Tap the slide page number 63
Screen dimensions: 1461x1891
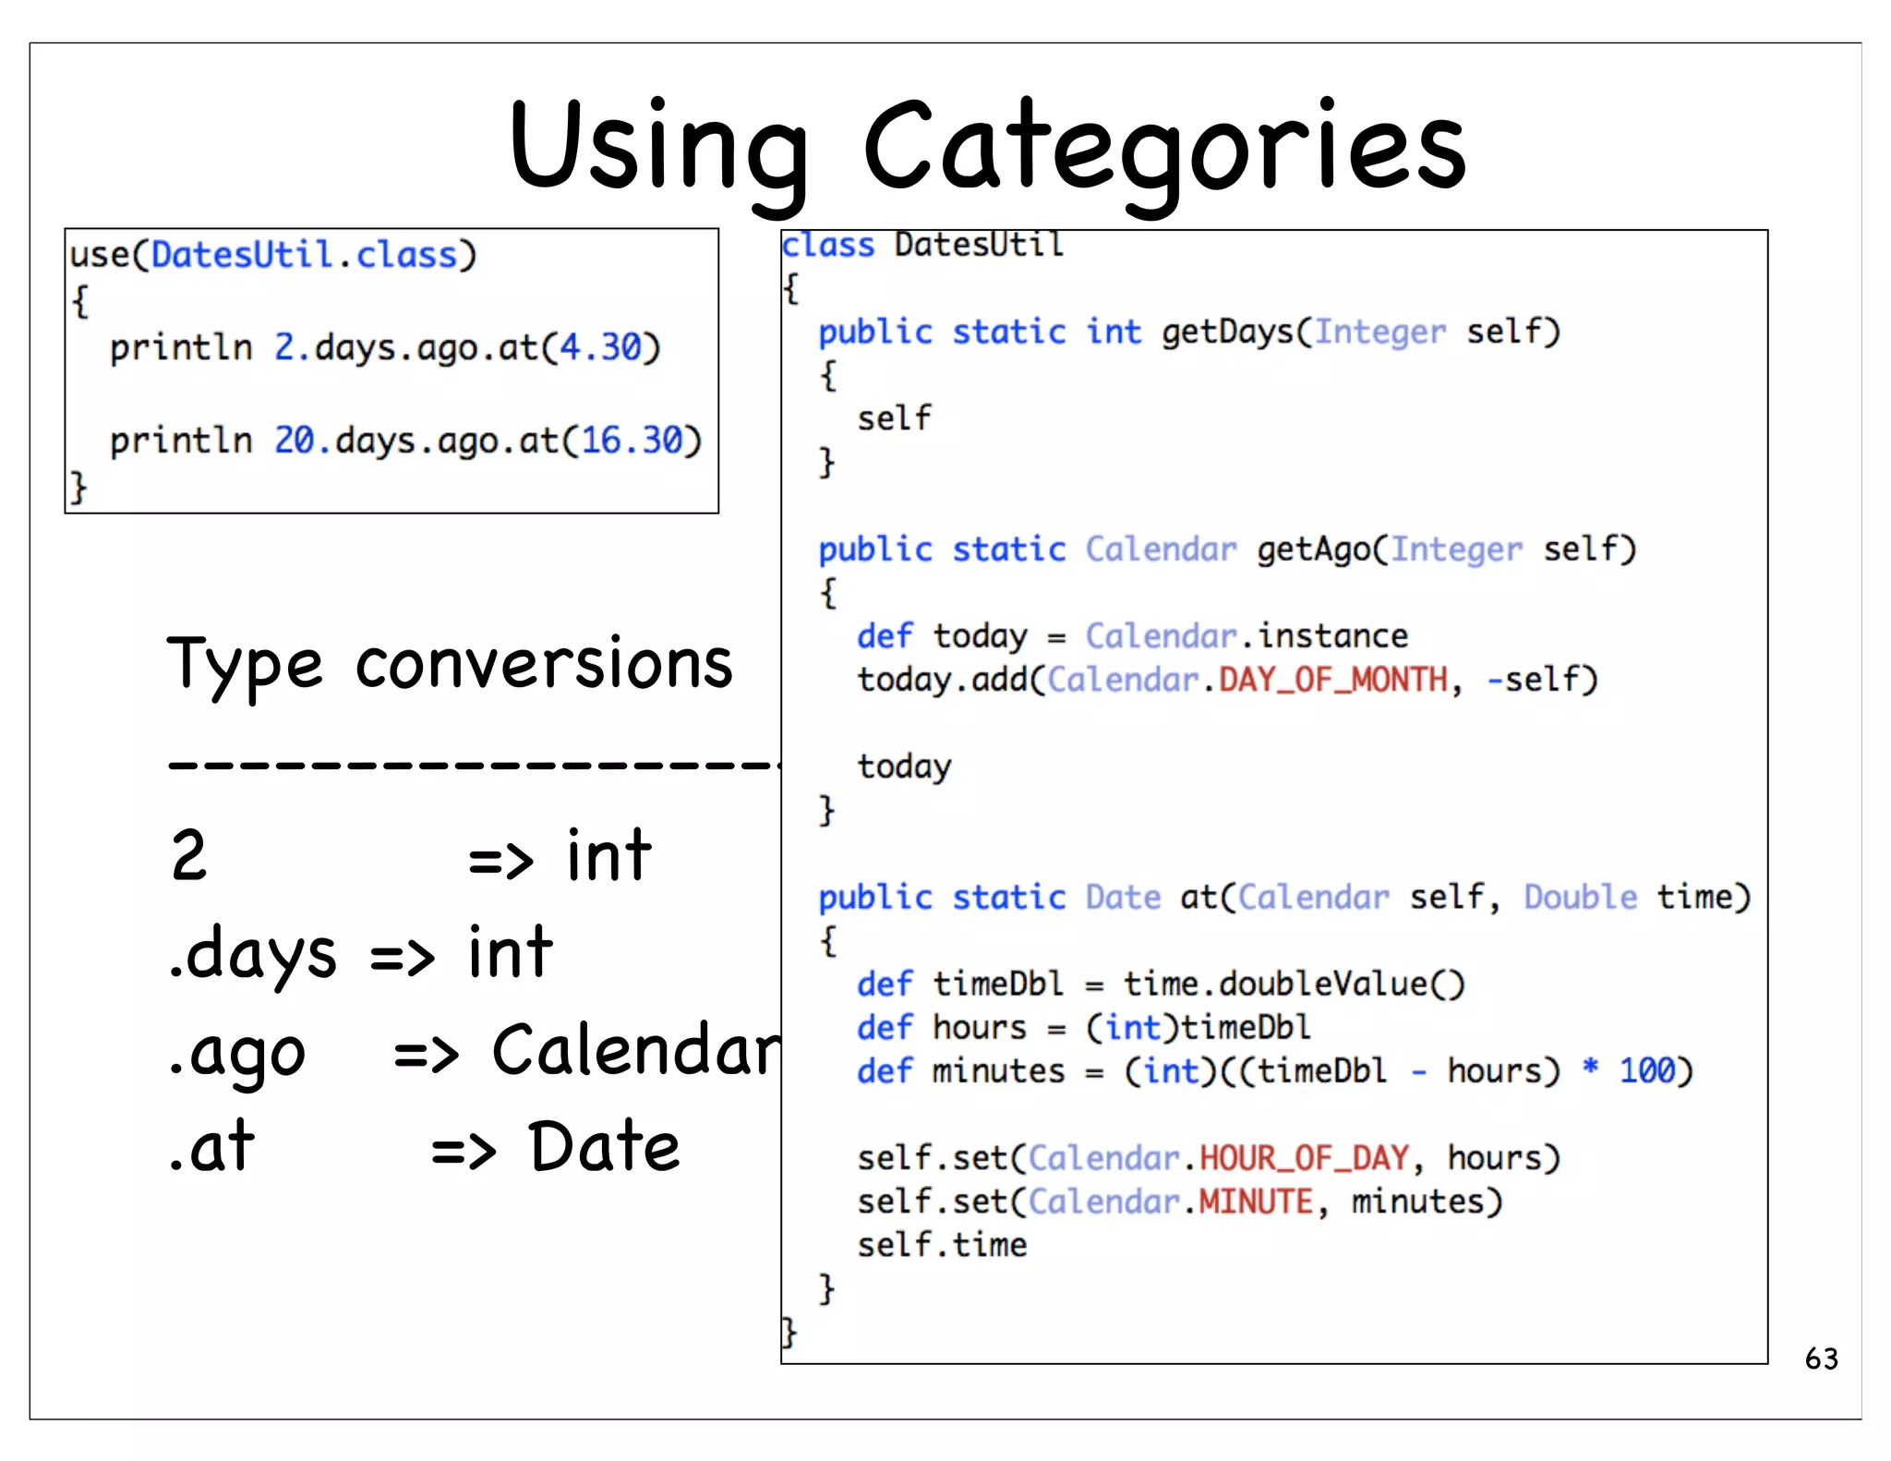1821,1358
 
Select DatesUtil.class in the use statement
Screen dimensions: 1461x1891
304,255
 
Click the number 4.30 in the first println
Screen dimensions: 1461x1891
600,347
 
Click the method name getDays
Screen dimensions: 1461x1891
1228,332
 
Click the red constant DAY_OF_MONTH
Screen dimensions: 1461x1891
1333,681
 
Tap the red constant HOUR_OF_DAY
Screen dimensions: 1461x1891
1304,1158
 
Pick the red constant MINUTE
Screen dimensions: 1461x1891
1256,1201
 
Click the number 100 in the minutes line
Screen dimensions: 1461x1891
1647,1071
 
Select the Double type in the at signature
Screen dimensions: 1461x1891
1580,898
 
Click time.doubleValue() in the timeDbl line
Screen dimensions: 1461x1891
1294,984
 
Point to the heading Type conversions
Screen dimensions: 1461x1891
450,665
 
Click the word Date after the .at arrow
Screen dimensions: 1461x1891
604,1147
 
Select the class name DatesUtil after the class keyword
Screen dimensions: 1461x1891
979,246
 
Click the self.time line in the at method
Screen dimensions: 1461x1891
942,1245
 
